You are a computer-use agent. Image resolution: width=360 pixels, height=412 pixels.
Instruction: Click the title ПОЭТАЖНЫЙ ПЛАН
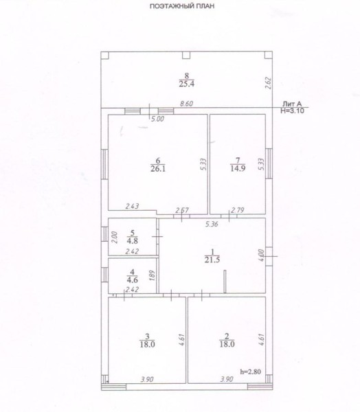(x=181, y=6)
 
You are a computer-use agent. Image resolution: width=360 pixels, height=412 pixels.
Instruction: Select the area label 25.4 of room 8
(x=186, y=84)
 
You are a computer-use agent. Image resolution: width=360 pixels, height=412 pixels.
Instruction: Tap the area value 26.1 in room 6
(x=158, y=169)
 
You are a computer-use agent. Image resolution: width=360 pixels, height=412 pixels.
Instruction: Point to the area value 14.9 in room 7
(x=238, y=168)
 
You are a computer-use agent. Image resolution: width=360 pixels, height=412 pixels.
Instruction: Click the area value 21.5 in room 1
(x=212, y=260)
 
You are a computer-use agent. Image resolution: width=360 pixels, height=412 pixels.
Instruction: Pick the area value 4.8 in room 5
(x=132, y=241)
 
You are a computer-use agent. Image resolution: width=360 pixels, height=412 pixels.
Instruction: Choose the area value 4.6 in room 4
(x=132, y=280)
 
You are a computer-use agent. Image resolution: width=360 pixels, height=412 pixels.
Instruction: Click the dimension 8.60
(x=186, y=104)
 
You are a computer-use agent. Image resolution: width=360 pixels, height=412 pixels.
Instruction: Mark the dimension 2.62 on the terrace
(x=269, y=83)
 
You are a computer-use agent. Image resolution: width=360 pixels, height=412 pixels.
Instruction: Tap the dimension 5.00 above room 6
(x=157, y=119)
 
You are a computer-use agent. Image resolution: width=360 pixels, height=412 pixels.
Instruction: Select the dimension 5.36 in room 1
(x=212, y=225)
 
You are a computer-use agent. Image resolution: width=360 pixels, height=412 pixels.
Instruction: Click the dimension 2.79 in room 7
(x=238, y=210)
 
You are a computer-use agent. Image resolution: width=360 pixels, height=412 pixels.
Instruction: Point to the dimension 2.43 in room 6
(x=132, y=207)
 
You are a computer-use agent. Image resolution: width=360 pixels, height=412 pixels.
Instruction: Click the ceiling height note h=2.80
(x=251, y=371)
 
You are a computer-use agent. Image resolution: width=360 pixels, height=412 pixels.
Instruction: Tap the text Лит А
(x=292, y=104)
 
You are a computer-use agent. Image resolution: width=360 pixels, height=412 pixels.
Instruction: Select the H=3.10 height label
(x=293, y=111)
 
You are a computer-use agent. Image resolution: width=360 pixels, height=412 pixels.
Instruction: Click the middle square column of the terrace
(x=186, y=55)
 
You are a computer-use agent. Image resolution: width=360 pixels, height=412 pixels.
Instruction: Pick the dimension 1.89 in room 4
(x=153, y=275)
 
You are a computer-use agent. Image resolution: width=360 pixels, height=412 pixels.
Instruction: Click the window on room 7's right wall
(x=269, y=163)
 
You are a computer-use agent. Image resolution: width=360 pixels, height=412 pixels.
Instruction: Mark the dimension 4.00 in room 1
(x=261, y=255)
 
